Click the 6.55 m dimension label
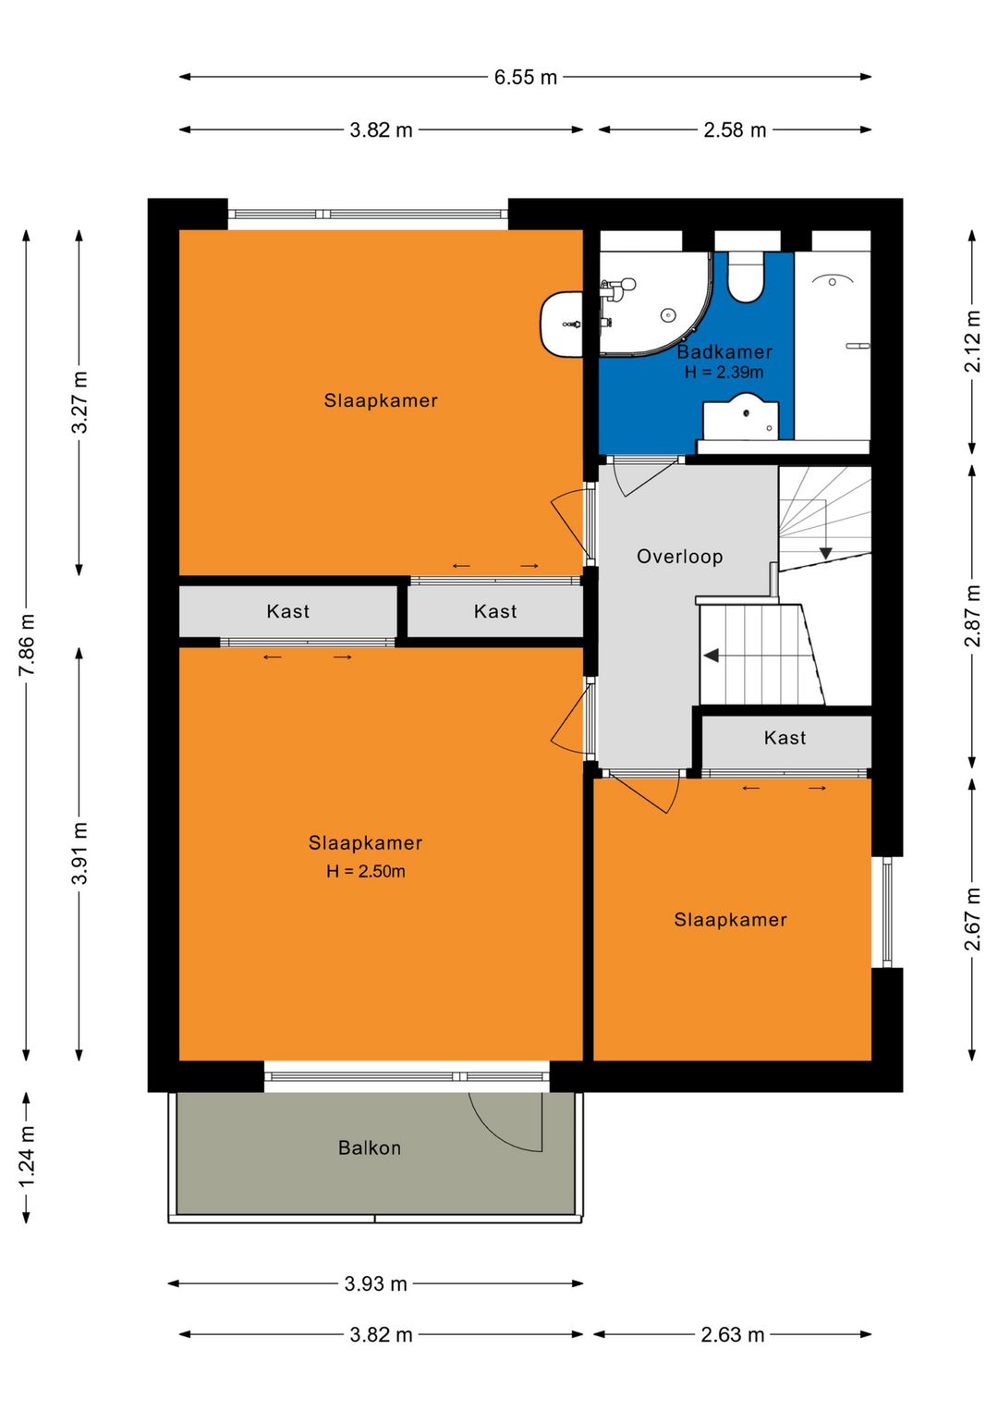tap(525, 77)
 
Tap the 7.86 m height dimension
tap(27, 644)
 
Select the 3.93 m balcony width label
tap(375, 1283)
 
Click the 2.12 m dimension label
tap(972, 342)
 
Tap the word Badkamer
tap(724, 352)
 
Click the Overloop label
tap(679, 557)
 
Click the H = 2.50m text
tap(365, 871)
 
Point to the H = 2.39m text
tap(724, 373)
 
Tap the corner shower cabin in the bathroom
tap(655, 302)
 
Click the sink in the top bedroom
tap(562, 324)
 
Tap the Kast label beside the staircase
tap(785, 738)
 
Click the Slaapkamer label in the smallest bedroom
tap(730, 920)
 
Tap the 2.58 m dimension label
tap(735, 129)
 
